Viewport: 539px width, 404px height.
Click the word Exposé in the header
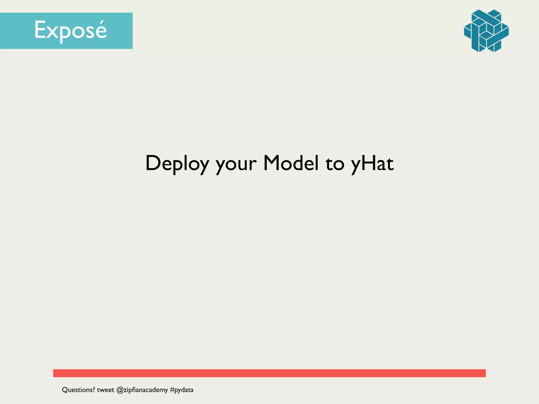point(70,30)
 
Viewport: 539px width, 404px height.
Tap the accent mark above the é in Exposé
point(101,22)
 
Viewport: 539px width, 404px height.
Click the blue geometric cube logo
point(486,31)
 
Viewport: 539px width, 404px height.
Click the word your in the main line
point(236,164)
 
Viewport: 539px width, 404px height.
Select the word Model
point(291,163)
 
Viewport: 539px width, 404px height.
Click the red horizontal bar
point(269,373)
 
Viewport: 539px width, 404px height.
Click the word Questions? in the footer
point(78,390)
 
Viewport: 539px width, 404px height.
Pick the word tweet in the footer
point(106,390)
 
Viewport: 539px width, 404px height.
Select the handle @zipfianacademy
point(142,390)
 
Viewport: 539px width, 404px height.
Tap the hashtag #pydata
point(182,390)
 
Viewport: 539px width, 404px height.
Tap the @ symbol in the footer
point(120,390)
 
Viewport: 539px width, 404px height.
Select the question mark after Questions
point(93,390)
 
